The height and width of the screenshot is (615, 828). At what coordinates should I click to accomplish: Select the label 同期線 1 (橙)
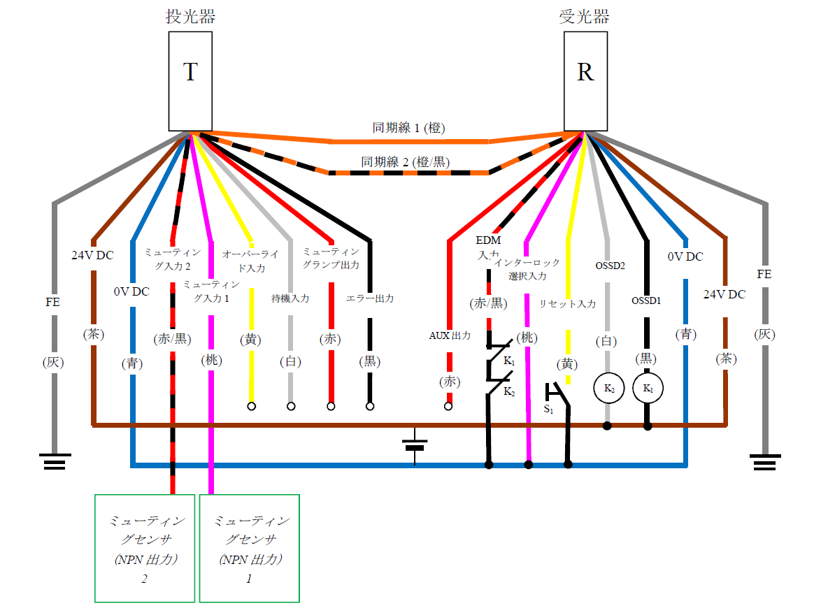(x=409, y=128)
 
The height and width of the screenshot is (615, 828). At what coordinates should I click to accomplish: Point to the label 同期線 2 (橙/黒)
(x=406, y=162)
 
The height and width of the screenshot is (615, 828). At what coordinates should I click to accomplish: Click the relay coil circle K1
(x=648, y=388)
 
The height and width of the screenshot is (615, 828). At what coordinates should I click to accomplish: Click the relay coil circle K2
(x=608, y=388)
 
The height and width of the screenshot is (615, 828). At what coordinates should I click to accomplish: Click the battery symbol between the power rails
(x=415, y=444)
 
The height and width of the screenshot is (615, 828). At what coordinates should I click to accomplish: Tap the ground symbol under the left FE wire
(x=54, y=462)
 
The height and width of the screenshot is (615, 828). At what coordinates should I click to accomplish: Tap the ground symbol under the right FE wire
(x=764, y=462)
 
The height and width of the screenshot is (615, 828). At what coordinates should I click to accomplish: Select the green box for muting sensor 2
(x=145, y=548)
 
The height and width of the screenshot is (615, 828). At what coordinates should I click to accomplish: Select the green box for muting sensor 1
(x=250, y=548)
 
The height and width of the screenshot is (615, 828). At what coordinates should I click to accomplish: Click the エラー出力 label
(x=370, y=298)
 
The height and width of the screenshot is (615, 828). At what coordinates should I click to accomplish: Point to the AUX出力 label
(x=450, y=335)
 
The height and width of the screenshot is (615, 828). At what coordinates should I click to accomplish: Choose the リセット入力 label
(x=567, y=304)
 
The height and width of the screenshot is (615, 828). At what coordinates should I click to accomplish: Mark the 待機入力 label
(x=290, y=298)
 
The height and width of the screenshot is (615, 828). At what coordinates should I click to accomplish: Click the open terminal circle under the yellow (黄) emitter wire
(x=251, y=405)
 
